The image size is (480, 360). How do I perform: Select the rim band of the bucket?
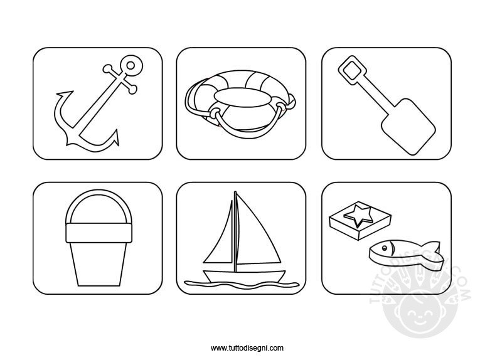click(x=99, y=233)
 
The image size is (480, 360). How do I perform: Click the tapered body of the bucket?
click(x=99, y=264)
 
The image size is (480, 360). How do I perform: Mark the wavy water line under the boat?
click(x=242, y=285)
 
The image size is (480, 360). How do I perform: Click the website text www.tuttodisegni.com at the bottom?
click(x=247, y=347)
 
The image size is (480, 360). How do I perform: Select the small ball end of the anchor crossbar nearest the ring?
click(x=107, y=68)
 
